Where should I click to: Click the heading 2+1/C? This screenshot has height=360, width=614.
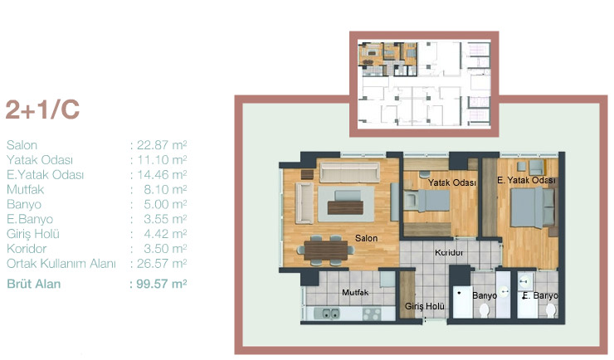coord(42,109)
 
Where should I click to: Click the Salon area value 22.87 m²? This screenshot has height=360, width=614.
coord(162,145)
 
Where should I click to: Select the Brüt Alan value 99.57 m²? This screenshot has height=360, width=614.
coord(161,284)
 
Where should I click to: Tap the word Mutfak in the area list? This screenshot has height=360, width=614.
coord(26,190)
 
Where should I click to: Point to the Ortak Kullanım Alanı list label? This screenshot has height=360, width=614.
coord(61,264)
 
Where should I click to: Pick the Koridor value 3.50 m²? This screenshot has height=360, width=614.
coord(165,249)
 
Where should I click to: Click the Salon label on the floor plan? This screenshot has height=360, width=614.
coord(366,238)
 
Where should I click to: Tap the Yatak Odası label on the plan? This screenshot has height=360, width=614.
coord(452,182)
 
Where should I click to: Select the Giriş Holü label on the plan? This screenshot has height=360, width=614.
coord(425,306)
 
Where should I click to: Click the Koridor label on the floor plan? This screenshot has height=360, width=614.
coord(449,253)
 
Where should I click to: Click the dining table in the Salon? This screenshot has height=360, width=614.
coord(326,251)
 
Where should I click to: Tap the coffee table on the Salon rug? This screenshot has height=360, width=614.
coord(345,207)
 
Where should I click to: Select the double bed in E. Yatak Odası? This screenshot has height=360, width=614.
coord(533,207)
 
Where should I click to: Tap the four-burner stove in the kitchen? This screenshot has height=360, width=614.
coord(372,314)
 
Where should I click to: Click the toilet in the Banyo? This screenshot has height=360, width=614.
coord(485,311)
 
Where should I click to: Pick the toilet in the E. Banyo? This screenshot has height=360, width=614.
coord(551,311)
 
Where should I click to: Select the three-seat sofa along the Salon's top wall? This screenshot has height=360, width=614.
coord(349,173)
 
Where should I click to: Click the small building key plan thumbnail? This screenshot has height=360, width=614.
coord(424,84)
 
